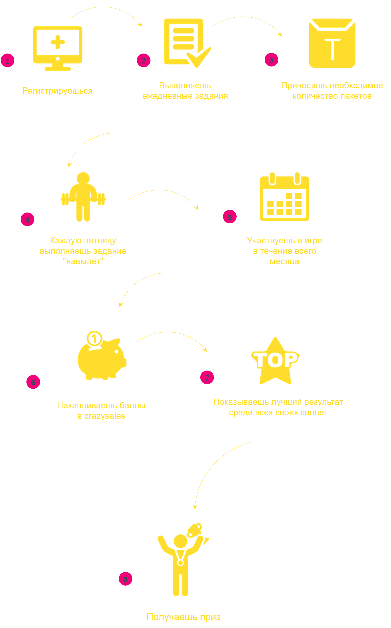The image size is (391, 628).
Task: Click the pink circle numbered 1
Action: point(7,60)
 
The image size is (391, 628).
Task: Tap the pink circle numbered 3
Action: point(271,60)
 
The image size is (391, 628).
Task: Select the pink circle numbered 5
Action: point(230,217)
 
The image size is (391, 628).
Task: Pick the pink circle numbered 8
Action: point(125,579)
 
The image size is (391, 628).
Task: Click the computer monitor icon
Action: point(58,48)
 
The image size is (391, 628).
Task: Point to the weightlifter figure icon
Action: point(83,197)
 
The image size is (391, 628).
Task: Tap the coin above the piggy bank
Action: point(94,338)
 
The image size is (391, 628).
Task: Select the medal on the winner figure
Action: point(181,562)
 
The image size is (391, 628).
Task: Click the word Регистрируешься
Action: point(57,91)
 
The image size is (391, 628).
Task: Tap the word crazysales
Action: point(104,416)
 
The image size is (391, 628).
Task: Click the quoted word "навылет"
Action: point(83,261)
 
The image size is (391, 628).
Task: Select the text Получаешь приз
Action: point(183,617)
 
